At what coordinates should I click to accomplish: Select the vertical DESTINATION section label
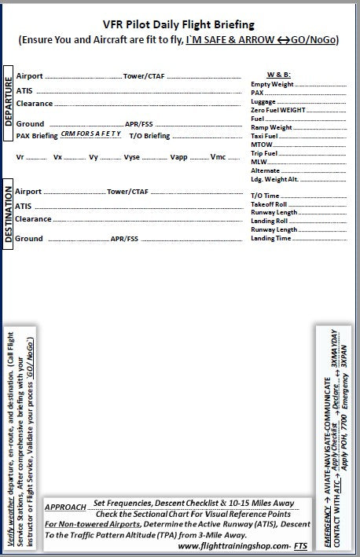[8, 214]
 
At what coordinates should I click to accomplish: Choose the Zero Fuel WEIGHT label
[277, 110]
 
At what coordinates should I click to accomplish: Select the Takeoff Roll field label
[268, 203]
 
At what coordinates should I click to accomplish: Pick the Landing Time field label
[270, 238]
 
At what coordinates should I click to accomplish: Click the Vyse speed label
[132, 157]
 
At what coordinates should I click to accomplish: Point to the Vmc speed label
[218, 157]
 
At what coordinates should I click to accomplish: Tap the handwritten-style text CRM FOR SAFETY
[90, 134]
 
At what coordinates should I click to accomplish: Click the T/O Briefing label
[149, 135]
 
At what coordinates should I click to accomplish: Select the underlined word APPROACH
[66, 508]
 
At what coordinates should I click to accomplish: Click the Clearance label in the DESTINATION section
[34, 219]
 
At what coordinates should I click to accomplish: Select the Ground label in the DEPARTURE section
[30, 123]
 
